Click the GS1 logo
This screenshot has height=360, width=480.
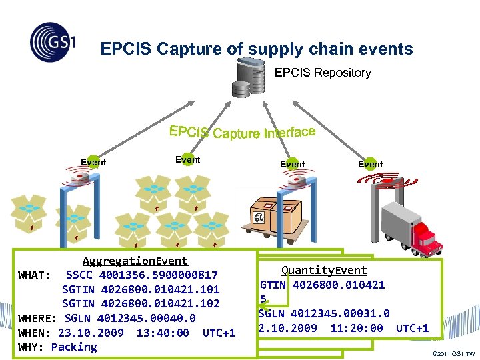[53, 42]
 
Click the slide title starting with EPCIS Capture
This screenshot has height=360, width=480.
[257, 49]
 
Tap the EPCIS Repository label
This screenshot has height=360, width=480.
[323, 73]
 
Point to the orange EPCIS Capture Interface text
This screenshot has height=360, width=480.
[242, 132]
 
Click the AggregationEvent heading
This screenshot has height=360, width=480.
[135, 261]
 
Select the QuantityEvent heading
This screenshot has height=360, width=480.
[324, 270]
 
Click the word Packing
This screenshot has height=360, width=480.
[74, 347]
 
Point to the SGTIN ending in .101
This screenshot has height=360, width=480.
[141, 289]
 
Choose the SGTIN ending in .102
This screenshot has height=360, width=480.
[141, 303]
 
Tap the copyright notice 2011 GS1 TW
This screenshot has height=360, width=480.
[453, 353]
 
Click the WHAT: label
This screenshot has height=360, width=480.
[35, 275]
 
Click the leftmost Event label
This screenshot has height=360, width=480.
[93, 162]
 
